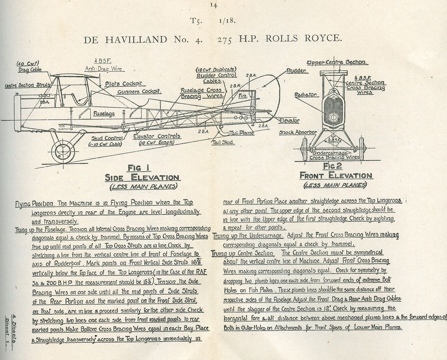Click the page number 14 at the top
214,5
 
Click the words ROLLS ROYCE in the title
304,39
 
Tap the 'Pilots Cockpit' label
124,84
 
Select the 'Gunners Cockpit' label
140,92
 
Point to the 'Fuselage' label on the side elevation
104,113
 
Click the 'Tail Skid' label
223,142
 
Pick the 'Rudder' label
297,71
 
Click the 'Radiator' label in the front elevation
305,95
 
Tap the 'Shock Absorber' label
298,132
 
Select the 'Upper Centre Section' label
337,62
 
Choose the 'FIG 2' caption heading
332,166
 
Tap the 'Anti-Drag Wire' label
103,69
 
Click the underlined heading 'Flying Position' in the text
34,204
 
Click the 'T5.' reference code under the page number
195,21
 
